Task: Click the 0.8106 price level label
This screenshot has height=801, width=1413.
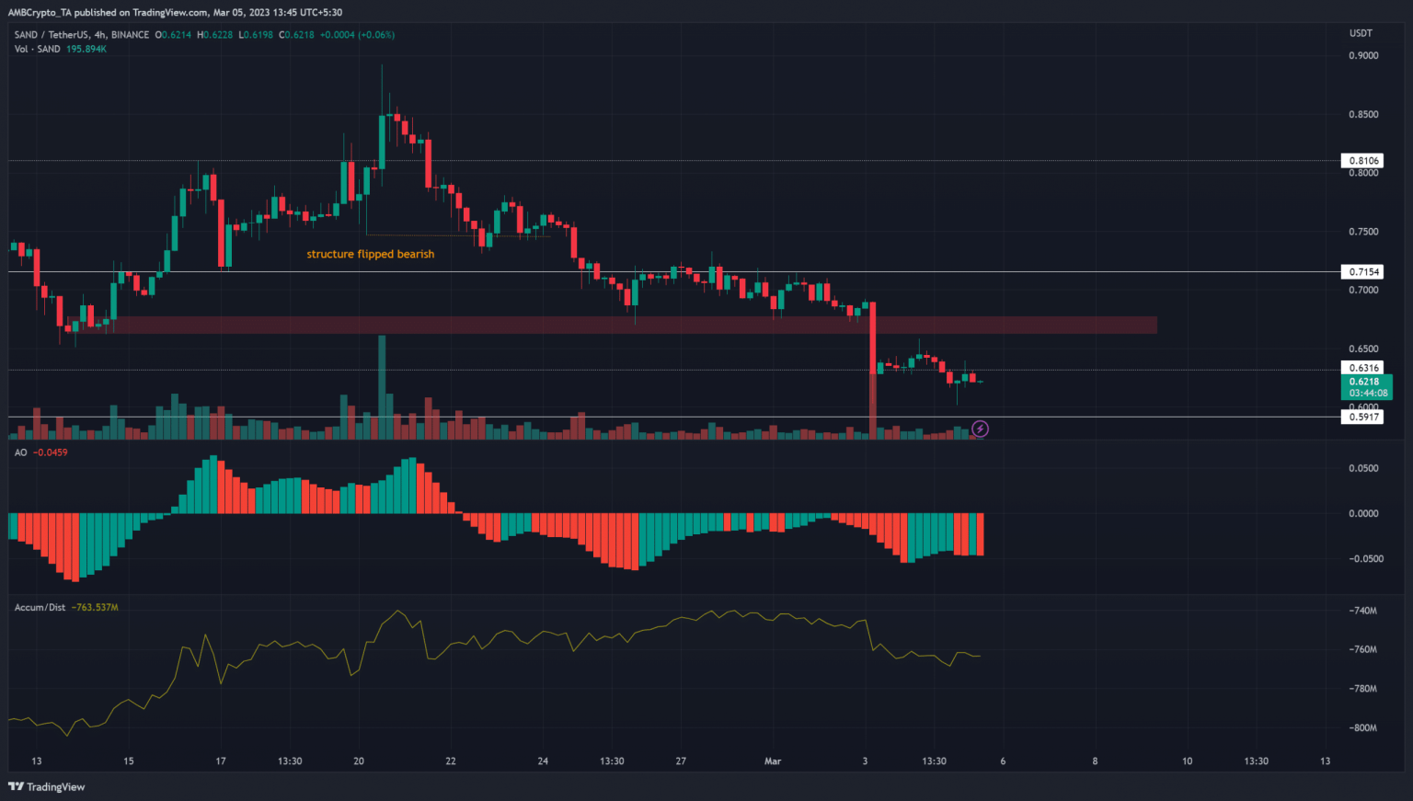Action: (x=1363, y=161)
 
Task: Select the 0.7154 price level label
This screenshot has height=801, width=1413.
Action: (x=1363, y=271)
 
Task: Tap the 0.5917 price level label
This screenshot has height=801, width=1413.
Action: (x=1363, y=417)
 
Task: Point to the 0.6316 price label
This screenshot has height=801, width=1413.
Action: (x=1363, y=368)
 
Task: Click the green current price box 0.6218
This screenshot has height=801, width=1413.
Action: (x=1365, y=386)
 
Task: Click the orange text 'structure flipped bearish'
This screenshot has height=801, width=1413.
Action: (x=370, y=254)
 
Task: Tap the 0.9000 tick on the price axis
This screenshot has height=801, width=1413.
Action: (x=1363, y=56)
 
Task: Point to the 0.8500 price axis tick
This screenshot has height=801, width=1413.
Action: (x=1363, y=115)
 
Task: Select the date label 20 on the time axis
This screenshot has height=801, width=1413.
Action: (x=359, y=761)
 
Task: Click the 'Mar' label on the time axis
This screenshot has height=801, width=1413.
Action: (x=773, y=761)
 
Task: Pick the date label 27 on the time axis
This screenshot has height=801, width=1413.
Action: (x=681, y=761)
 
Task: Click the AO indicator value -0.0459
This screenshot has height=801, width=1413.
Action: (x=52, y=452)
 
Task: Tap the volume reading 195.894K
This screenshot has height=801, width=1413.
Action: (x=85, y=49)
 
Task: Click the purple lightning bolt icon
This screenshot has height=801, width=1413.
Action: (x=981, y=429)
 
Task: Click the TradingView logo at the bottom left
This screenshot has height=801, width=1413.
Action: (x=47, y=786)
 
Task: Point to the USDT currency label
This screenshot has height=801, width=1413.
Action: (x=1361, y=33)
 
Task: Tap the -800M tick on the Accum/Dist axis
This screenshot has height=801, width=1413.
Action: (x=1363, y=727)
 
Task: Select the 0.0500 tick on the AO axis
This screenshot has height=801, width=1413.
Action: (x=1363, y=468)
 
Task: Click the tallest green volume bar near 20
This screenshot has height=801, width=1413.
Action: (x=382, y=386)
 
